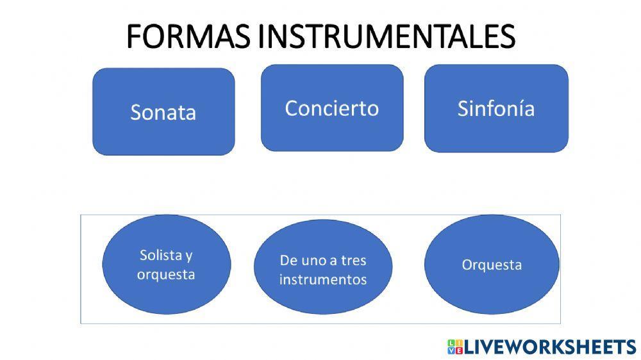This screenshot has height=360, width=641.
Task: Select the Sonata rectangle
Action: [x=163, y=111]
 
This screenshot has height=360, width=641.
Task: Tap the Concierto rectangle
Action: [x=332, y=108]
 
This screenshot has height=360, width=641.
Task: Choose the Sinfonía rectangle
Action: [x=496, y=108]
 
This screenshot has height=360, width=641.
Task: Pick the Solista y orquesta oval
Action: [x=166, y=266]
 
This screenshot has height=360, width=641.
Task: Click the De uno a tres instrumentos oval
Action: [x=323, y=270]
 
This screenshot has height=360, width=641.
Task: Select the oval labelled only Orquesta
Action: [x=492, y=265]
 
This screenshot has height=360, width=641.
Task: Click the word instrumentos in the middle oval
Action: [x=323, y=280]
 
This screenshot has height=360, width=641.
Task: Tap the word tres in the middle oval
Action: [x=353, y=261]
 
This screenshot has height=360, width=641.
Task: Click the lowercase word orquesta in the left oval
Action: [x=166, y=275]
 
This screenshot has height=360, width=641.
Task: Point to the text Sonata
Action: [x=163, y=112]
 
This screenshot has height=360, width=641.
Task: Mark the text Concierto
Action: [x=332, y=108]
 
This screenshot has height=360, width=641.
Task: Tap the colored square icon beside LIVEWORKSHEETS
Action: [x=455, y=347]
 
